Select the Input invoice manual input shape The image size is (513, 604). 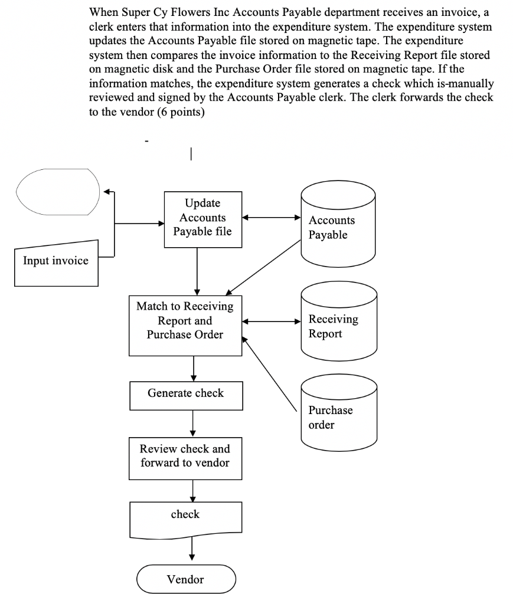(x=55, y=261)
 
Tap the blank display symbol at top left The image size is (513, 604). (x=57, y=192)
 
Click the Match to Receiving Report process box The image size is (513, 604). (x=185, y=326)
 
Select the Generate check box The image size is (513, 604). (x=185, y=393)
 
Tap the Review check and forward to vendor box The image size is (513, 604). (x=185, y=456)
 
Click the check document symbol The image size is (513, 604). (x=185, y=516)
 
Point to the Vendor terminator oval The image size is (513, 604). (x=185, y=579)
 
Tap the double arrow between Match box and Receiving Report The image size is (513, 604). (x=272, y=322)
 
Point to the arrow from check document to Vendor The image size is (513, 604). (x=193, y=550)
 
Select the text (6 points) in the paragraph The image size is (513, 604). (x=181, y=113)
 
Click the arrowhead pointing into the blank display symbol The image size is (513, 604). (x=106, y=192)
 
